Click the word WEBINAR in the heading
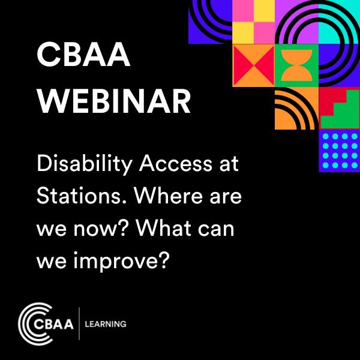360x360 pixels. coord(113,103)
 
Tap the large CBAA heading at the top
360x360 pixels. coord(83,57)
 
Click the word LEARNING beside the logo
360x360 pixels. coord(106,324)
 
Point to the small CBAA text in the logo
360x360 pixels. coord(57,325)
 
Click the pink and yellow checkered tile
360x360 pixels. coord(253,22)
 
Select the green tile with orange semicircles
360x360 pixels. coord(296,65)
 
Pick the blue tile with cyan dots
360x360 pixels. coord(339,151)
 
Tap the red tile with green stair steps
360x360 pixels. coord(339,108)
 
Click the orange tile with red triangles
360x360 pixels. coord(253,65)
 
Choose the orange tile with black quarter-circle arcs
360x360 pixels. coord(296,108)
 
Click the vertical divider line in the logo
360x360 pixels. coord(79,324)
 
